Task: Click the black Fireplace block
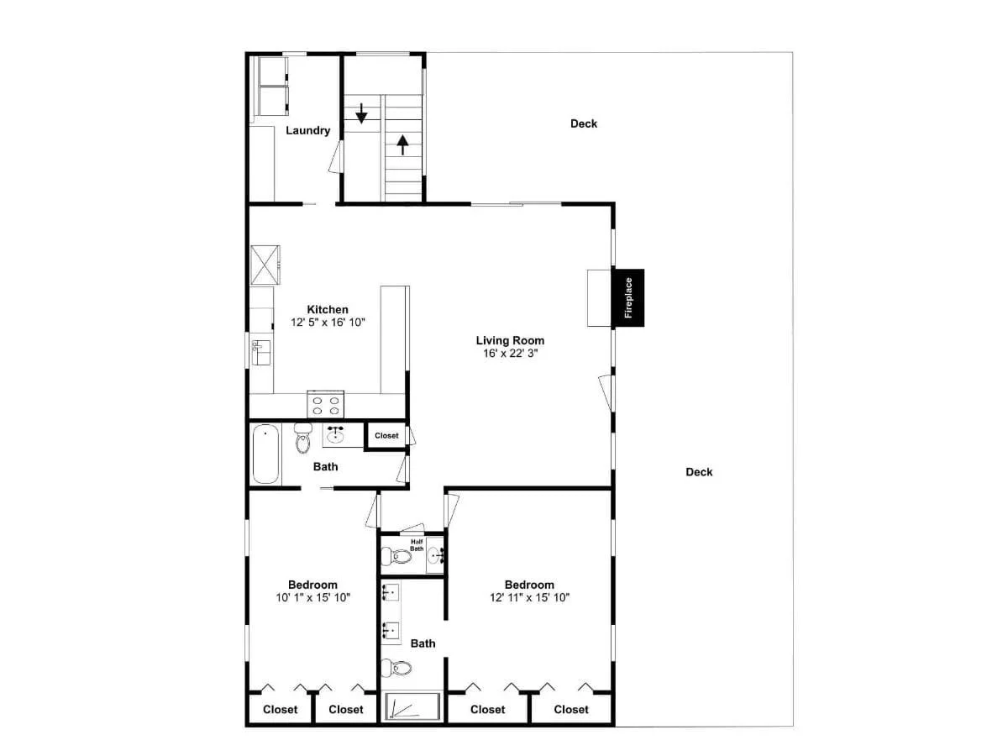[627, 297]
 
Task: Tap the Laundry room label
[307, 130]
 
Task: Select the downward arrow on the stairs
[361, 113]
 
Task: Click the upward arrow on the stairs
[402, 144]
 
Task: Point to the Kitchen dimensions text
[328, 323]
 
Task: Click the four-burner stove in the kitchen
[325, 404]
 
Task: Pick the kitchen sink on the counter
[261, 353]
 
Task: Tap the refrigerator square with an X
[265, 265]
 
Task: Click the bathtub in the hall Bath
[265, 454]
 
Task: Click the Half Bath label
[417, 545]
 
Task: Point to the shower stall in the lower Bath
[412, 706]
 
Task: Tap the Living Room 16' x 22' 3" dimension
[510, 353]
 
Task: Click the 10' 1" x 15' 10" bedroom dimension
[312, 597]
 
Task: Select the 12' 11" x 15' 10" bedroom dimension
[529, 597]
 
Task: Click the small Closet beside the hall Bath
[386, 436]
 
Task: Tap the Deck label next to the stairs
[584, 124]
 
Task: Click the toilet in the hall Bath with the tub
[303, 438]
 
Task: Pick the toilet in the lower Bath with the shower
[396, 668]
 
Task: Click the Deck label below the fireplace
[699, 472]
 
